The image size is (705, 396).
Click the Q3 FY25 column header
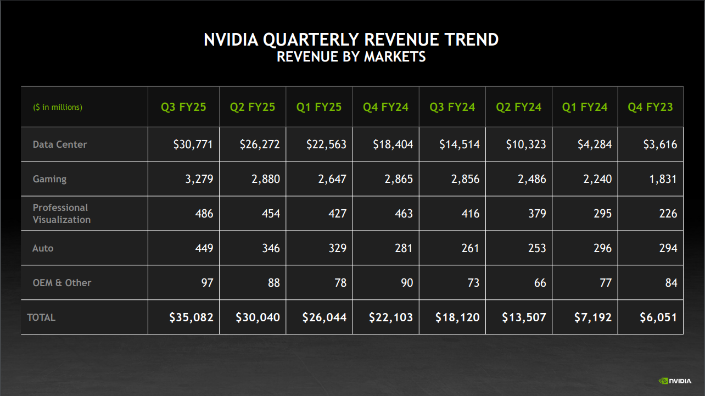[183, 107]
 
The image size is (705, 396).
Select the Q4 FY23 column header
[650, 107]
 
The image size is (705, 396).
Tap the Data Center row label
[60, 144]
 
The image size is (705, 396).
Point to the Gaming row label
[49, 179]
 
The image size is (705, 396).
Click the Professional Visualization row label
[61, 214]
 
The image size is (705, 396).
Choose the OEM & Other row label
[62, 283]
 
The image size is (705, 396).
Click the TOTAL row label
[41, 317]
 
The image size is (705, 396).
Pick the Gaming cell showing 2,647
[332, 179]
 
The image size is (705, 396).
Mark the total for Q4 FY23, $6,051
[658, 317]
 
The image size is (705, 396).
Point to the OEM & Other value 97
[206, 283]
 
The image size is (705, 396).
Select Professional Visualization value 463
[404, 214]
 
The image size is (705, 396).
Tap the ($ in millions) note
[58, 107]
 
